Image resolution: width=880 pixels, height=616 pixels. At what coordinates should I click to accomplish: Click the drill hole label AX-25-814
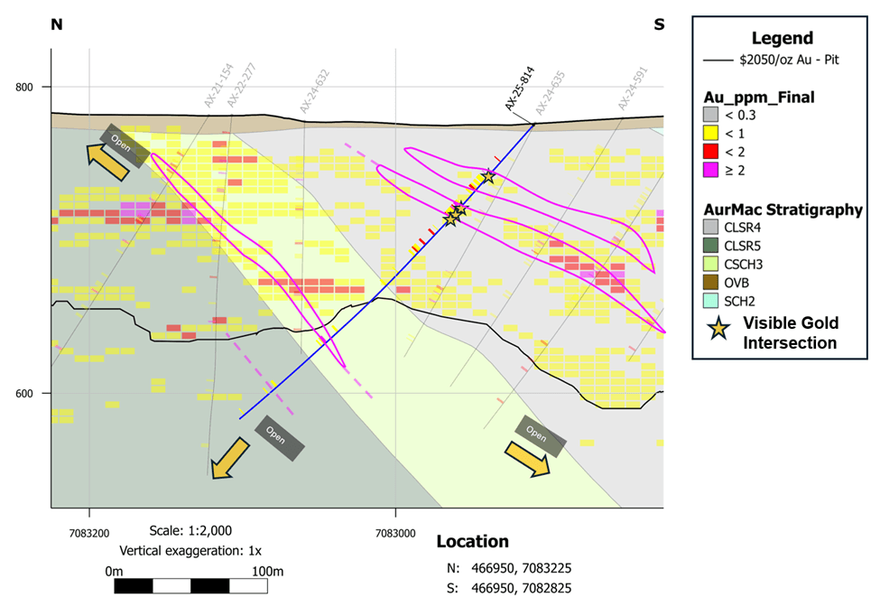coord(521,90)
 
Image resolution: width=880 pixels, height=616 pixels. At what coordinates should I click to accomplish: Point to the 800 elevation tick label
coord(25,87)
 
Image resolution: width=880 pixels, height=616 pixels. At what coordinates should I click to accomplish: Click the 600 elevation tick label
coord(25,393)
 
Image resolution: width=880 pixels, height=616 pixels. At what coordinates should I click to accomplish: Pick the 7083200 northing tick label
coord(88,533)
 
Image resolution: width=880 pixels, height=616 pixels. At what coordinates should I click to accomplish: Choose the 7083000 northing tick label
coord(394,533)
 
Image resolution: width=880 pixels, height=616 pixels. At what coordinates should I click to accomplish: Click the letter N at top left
coord(56,24)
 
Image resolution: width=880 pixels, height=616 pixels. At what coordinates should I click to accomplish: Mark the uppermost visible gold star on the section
coord(488,176)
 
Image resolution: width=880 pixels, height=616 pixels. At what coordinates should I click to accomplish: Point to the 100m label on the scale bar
coord(267,571)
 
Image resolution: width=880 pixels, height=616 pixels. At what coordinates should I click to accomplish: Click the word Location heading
coord(472,542)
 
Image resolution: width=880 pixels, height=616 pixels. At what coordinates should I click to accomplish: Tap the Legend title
coord(782,38)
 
